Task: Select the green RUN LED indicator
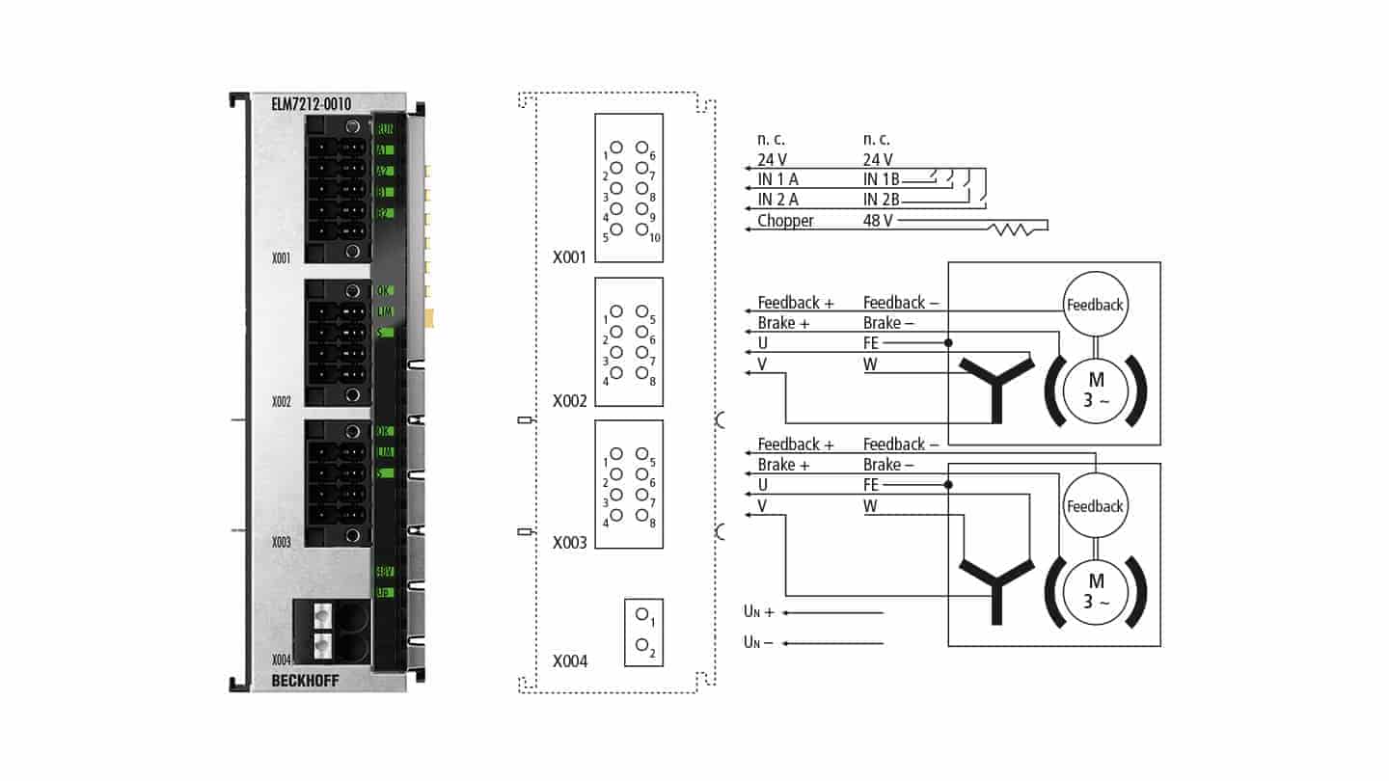(x=384, y=129)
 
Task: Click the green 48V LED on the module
(x=384, y=572)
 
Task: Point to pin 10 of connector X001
(x=640, y=230)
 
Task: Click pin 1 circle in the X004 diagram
(x=640, y=613)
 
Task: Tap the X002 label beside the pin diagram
(x=570, y=400)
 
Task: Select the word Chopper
(x=785, y=221)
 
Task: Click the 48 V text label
(x=879, y=221)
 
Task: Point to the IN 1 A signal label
(x=777, y=179)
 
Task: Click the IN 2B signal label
(x=881, y=200)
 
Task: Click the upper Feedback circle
(x=1095, y=305)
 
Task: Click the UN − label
(x=758, y=642)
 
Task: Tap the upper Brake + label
(x=782, y=323)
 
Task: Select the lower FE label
(x=870, y=485)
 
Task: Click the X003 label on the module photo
(x=281, y=542)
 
